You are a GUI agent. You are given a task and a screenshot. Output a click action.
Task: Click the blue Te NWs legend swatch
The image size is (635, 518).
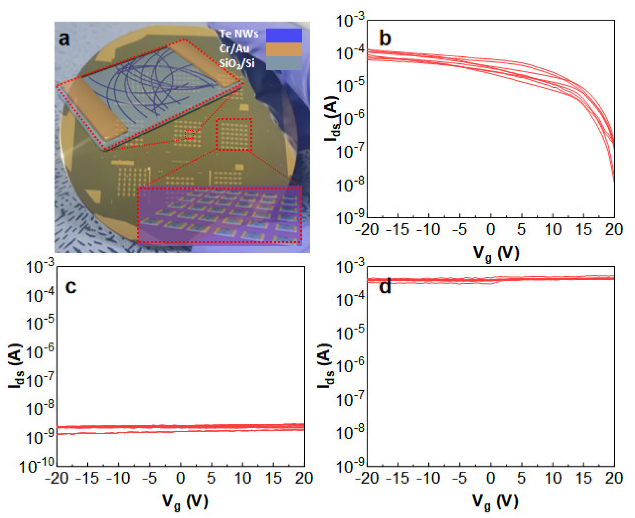click(x=284, y=35)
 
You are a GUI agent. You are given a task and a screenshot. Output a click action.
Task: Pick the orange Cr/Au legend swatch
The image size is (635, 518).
click(x=284, y=49)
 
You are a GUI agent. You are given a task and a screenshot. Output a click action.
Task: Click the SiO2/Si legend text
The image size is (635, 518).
click(x=237, y=63)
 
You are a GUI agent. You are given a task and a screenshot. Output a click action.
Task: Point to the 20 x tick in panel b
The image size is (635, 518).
click(x=614, y=230)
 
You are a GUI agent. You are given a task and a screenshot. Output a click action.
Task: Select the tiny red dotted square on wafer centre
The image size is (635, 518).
click(x=189, y=135)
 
